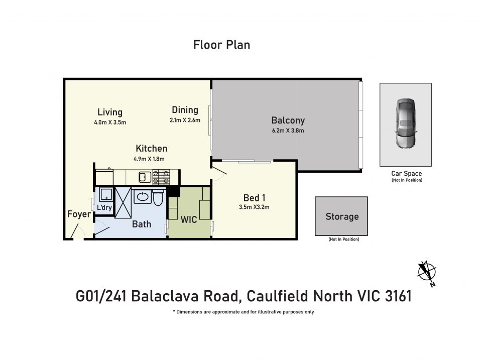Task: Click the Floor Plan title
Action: click(221, 45)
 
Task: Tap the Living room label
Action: click(110, 112)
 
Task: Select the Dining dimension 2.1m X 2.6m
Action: click(185, 121)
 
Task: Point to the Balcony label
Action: click(288, 121)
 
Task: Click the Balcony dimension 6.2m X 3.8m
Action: click(288, 131)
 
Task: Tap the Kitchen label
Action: click(151, 149)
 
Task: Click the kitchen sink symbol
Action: click(143, 177)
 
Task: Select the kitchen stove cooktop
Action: click(161, 177)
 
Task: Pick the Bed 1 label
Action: click(254, 197)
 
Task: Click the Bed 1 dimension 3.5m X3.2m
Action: click(254, 207)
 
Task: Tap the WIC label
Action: click(189, 219)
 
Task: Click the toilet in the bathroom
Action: click(158, 199)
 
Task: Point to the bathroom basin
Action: click(142, 196)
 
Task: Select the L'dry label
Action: click(104, 208)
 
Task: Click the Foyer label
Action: click(79, 215)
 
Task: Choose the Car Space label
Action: click(406, 174)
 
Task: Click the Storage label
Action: click(342, 217)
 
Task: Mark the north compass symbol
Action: click(427, 272)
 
